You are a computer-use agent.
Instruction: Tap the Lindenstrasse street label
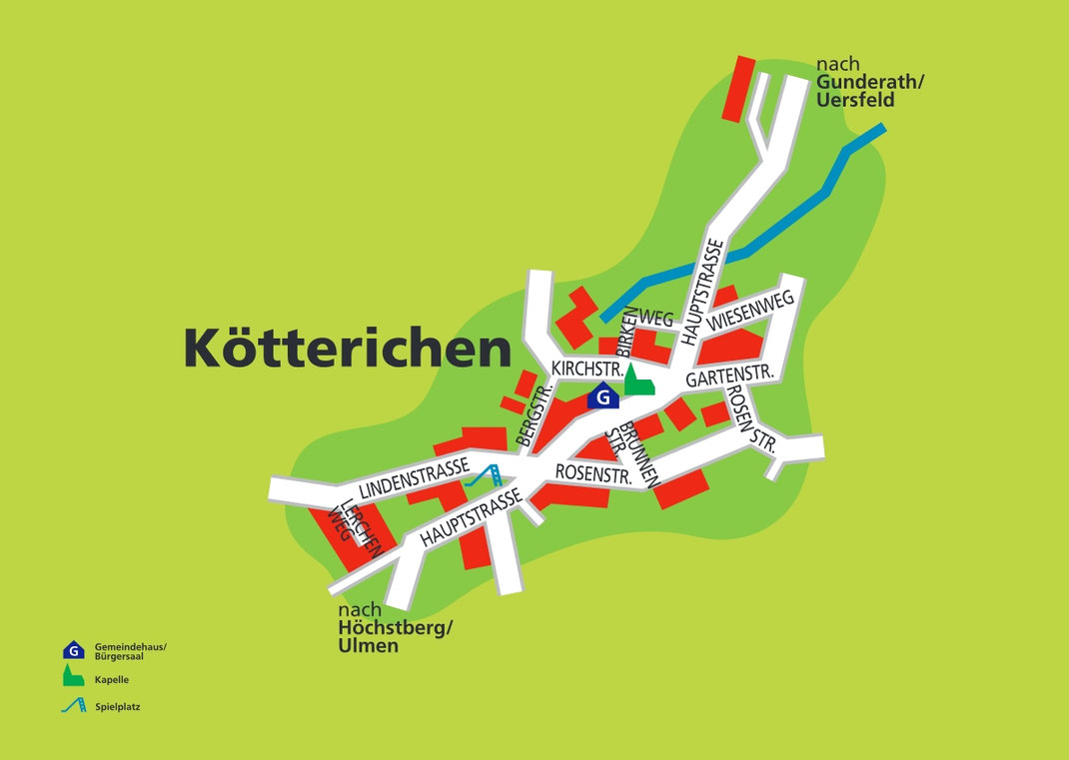click(x=415, y=477)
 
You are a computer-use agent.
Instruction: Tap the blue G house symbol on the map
click(x=602, y=396)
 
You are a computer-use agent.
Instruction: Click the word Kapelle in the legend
click(x=112, y=679)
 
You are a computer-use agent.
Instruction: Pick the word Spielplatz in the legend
click(x=118, y=707)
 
